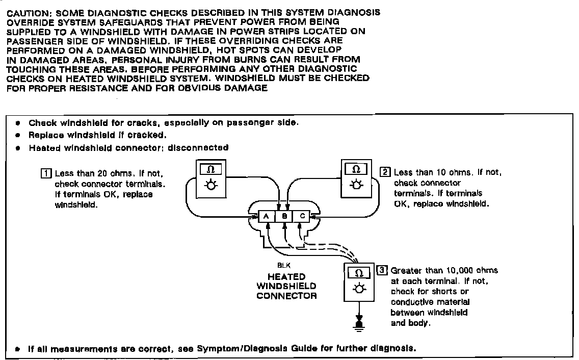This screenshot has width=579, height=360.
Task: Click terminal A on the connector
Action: (266, 216)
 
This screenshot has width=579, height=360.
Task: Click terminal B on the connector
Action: (284, 216)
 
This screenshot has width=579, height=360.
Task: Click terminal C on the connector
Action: (302, 216)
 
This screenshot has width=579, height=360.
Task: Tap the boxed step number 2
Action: (385, 172)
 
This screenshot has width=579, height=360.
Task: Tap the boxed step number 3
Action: (381, 270)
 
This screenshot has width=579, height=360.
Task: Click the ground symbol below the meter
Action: (359, 325)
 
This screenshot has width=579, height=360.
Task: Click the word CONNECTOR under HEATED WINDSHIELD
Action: (286, 296)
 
